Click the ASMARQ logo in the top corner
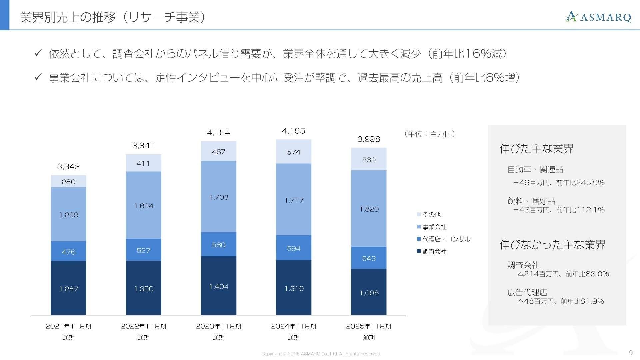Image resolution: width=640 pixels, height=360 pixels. [x=598, y=17]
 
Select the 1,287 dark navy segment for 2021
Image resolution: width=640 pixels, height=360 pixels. [x=69, y=288]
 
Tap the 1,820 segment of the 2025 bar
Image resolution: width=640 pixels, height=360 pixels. [x=369, y=209]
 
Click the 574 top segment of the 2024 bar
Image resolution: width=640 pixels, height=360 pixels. [x=294, y=152]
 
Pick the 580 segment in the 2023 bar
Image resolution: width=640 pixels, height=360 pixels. [x=219, y=245]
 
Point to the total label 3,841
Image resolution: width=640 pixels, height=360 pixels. [x=143, y=145]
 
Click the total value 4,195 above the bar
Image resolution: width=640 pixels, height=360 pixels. [x=294, y=131]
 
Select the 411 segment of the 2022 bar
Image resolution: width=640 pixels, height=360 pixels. [x=143, y=163]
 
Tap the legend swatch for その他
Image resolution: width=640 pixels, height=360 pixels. [x=419, y=214]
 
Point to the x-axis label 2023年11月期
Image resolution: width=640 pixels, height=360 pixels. [x=219, y=326]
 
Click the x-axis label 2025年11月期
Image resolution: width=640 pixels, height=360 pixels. [x=369, y=326]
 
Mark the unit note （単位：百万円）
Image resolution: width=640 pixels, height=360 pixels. [x=430, y=134]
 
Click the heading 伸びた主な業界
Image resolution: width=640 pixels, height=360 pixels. [x=537, y=148]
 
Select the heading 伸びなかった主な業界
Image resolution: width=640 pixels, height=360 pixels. [x=552, y=244]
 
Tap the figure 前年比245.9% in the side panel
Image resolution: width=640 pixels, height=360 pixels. [x=580, y=183]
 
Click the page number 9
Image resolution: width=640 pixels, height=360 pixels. [x=631, y=353]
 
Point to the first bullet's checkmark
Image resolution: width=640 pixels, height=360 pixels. [x=38, y=53]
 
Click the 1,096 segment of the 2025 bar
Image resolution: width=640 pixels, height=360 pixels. [x=369, y=292]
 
